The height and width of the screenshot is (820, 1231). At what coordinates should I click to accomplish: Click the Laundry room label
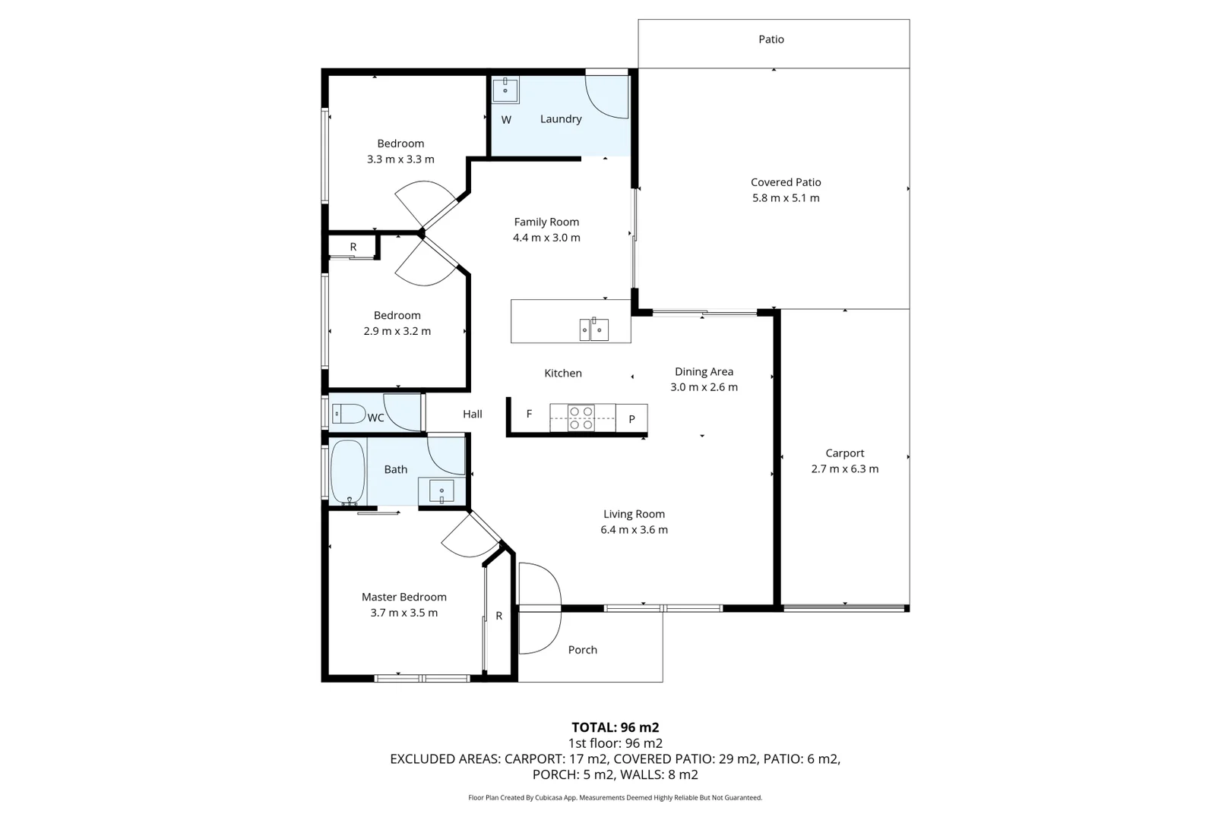[561, 119]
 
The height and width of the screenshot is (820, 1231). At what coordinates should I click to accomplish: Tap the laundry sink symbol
[505, 90]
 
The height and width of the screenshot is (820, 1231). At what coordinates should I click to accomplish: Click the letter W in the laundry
[506, 120]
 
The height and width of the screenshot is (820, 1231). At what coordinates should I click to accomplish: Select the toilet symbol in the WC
[350, 414]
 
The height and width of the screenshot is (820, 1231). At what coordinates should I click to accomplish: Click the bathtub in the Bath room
[348, 472]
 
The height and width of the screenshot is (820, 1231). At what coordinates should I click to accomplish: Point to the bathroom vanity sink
[441, 491]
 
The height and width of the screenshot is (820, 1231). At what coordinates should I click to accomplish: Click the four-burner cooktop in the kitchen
[581, 418]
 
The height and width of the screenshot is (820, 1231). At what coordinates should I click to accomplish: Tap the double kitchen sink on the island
[593, 330]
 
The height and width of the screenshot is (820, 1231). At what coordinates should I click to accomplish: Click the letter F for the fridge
[530, 414]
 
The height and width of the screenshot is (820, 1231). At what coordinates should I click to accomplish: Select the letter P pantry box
[631, 418]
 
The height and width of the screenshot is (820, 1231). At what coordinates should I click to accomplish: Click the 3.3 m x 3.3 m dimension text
[400, 159]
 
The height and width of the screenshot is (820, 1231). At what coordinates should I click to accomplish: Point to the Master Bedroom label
[403, 598]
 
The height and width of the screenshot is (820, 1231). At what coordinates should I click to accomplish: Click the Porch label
[583, 650]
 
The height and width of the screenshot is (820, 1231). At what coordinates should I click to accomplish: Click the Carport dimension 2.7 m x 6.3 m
[844, 469]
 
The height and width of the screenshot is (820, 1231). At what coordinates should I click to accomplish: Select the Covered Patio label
[786, 182]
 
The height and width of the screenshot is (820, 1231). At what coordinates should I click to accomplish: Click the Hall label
[473, 415]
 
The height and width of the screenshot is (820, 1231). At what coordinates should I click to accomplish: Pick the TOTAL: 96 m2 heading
[615, 727]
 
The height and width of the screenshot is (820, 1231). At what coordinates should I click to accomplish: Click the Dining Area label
[704, 372]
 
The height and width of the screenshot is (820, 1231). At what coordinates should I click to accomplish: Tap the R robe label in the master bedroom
[499, 617]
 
